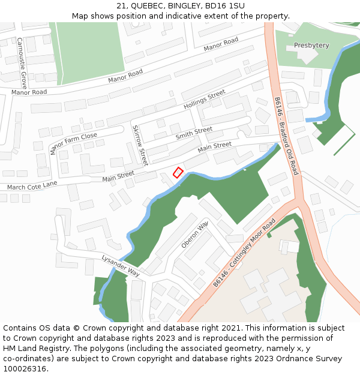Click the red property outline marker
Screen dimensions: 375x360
178,172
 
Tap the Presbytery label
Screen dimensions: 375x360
311,46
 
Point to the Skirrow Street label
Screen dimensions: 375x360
140,145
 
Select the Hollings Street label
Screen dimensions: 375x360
205,99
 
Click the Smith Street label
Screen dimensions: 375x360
194,133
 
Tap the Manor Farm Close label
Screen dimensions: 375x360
74,143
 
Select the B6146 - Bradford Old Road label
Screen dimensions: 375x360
286,136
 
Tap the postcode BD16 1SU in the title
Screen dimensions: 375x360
224,5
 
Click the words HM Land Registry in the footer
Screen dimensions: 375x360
29,349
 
